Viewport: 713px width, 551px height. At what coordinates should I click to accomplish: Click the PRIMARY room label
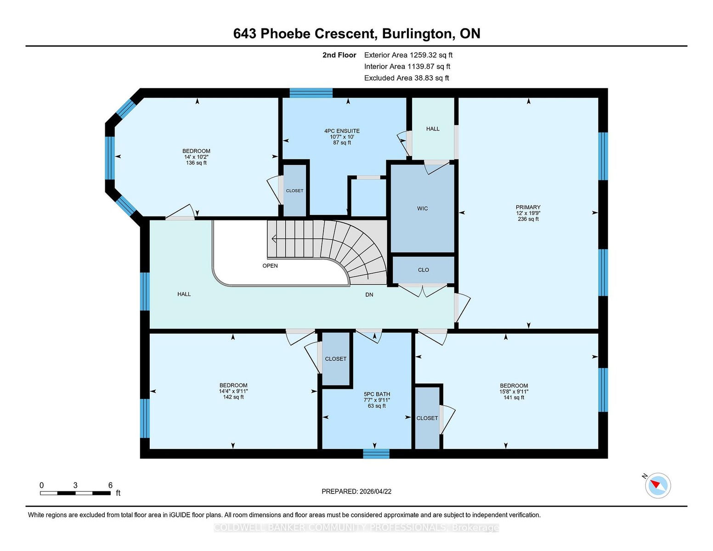coord(528,207)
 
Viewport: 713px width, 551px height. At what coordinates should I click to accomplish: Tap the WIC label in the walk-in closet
coord(422,208)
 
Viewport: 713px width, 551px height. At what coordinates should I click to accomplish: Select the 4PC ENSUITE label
coord(342,131)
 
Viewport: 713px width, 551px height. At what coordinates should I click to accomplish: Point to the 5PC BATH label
coord(377,394)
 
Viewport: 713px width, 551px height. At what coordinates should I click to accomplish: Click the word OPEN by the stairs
coord(270,265)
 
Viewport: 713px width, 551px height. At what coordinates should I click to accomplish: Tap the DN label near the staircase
coord(369,294)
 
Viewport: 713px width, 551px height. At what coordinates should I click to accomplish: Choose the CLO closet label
coord(423,270)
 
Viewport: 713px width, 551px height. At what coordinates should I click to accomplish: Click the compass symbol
coord(657,485)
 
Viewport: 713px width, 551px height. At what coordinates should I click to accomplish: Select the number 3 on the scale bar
coord(75,485)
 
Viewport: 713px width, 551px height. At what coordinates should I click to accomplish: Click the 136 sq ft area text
coord(196,163)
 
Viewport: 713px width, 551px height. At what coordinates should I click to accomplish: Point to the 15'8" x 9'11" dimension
coord(514,391)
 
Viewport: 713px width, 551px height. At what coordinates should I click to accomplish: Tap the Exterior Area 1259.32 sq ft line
coord(408,55)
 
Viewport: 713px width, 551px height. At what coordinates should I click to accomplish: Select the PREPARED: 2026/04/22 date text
coord(356,491)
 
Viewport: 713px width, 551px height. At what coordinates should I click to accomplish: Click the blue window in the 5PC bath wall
coord(376,454)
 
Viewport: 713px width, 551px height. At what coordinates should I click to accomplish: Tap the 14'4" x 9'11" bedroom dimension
coord(233,391)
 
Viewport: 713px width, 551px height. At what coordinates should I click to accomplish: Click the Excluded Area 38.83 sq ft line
coord(407,78)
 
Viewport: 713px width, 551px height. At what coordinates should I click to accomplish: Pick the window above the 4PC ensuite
coord(311,93)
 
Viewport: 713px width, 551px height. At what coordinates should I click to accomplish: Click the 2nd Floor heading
coord(339,55)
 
